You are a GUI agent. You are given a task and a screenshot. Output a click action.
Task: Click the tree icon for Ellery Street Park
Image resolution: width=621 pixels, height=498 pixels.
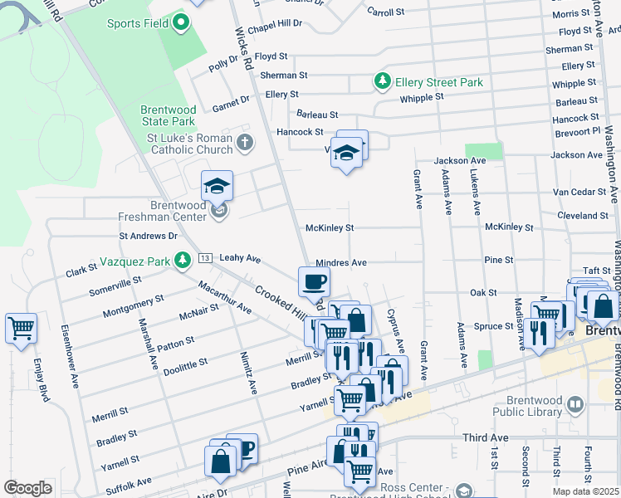(383, 82)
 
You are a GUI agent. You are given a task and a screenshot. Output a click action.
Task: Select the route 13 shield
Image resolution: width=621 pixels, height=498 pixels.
(203, 258)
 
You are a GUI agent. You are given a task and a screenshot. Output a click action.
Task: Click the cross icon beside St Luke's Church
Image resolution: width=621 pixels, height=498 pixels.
(244, 143)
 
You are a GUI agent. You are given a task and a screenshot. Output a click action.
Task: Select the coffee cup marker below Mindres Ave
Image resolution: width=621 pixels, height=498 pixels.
(314, 281)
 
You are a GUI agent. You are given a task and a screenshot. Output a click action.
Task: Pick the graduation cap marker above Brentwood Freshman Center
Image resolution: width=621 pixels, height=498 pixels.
(217, 184)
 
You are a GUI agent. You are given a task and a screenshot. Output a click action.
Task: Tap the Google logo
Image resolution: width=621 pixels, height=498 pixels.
(27, 487)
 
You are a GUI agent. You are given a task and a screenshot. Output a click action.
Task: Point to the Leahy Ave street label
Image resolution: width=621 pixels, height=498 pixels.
(240, 258)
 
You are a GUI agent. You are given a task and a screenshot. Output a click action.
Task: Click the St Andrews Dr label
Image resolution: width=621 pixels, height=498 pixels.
(149, 236)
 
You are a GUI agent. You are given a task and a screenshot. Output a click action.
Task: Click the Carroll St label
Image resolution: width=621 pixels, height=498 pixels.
(385, 12)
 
